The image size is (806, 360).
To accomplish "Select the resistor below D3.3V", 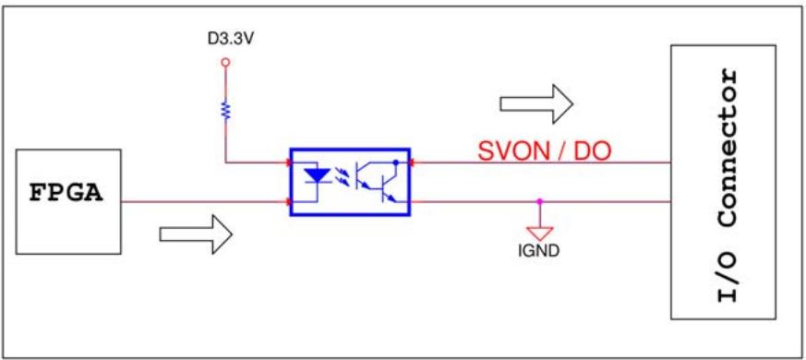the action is pos(224,110).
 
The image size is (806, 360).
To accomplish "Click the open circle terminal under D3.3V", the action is pos(224,63).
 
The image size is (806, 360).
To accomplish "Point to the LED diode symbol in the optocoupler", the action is pos(318,176).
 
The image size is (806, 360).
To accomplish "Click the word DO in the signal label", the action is pos(595,151).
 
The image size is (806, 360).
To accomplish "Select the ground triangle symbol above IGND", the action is pos(539,233).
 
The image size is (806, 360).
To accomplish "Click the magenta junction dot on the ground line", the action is pos(539,201).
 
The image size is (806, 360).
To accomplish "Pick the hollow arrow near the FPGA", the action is pos(197,234).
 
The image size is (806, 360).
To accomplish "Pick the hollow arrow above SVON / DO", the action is pos(536,104).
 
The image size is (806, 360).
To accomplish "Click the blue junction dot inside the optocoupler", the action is pos(395,162).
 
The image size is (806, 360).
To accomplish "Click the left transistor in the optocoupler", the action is pos(364,177).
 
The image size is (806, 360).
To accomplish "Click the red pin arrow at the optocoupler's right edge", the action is pos(413,162).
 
